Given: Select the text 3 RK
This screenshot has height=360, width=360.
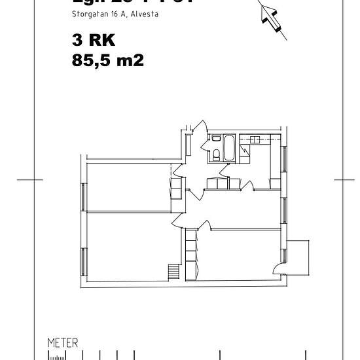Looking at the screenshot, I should pos(94,41).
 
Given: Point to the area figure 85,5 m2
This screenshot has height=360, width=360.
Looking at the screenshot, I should pos(107,60).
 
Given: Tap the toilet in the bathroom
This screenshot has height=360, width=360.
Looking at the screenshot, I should pos(216,154).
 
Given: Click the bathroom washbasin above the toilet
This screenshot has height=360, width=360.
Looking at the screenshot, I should pos(215,139).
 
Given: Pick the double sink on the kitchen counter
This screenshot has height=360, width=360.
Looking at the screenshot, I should pos(255,139).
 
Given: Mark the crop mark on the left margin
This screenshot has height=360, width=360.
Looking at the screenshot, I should pos(25,179).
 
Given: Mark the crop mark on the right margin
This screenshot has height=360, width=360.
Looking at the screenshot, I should pos(343,179).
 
